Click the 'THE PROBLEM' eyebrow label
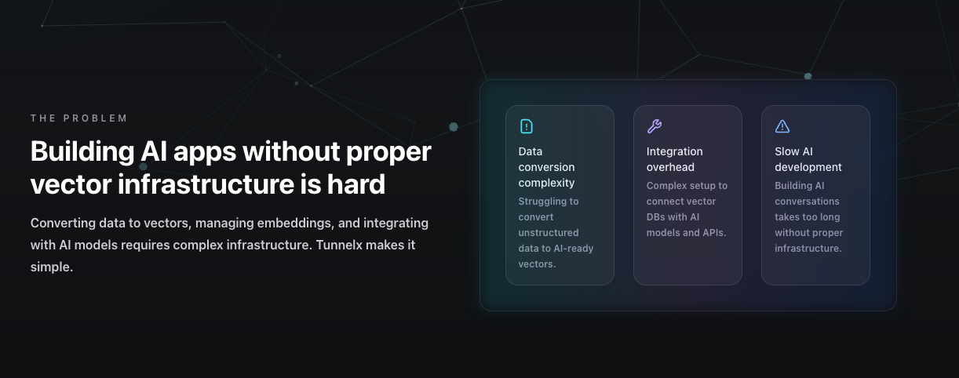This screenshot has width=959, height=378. click(78, 118)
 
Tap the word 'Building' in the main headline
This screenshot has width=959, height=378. click(78, 151)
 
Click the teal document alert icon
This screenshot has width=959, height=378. click(526, 126)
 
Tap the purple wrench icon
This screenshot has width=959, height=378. click(654, 126)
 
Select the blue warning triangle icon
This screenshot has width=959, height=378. click(782, 126)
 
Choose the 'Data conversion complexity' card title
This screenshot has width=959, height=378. click(546, 167)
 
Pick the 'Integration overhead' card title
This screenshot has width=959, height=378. click(674, 159)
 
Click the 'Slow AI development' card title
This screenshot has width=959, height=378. click(808, 159)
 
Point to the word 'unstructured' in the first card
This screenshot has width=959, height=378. click(548, 233)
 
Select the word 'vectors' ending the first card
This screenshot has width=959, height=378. click(536, 264)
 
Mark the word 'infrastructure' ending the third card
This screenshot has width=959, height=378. click(808, 249)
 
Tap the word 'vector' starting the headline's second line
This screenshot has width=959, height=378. click(70, 184)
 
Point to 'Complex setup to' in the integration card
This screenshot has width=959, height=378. click(687, 186)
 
